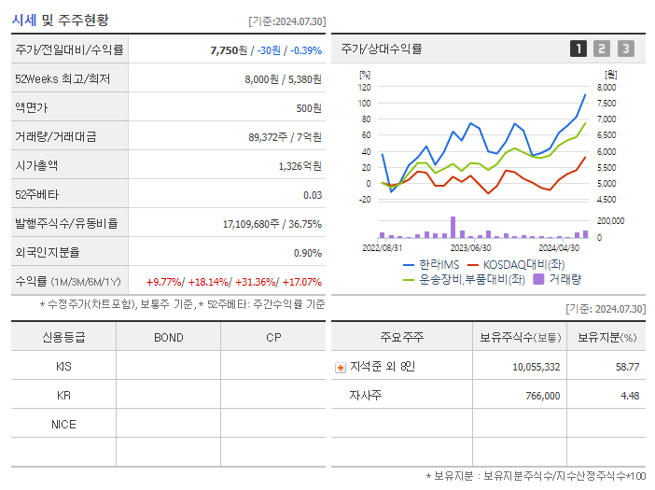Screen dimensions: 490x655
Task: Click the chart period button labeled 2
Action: coord(602,49)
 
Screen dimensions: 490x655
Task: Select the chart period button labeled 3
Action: coord(625,49)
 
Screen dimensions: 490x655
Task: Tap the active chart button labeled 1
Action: coord(578,49)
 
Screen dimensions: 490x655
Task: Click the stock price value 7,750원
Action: coord(231,49)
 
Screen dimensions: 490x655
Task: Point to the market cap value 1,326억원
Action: coord(300,166)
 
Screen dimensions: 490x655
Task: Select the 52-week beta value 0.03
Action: coord(313,195)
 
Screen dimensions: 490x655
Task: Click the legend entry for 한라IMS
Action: coord(430,264)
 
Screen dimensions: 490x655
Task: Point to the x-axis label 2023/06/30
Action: coord(471,248)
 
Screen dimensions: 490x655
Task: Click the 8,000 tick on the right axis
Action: coord(606,87)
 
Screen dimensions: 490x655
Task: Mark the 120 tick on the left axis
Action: coord(364,87)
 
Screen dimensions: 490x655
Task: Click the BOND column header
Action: coord(168,338)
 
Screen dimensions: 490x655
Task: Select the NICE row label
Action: coord(63,425)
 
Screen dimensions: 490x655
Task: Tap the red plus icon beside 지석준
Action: coord(340,368)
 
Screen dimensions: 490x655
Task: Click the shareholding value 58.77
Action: coord(627,367)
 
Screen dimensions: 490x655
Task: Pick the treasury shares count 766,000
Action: coord(541,396)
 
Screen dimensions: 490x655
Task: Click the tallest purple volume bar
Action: coord(453,227)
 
